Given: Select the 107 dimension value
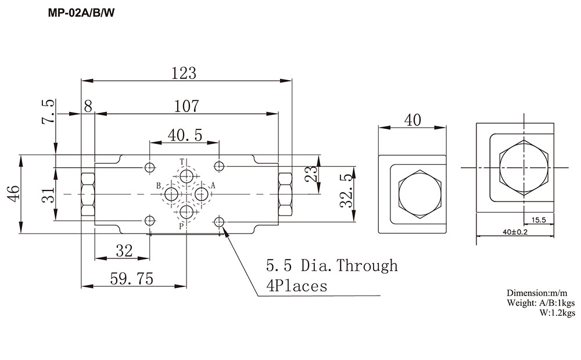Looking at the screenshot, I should pyautogui.click(x=187, y=106).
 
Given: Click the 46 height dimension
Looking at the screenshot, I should pyautogui.click(x=13, y=193).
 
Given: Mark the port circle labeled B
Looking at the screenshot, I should pyautogui.click(x=172, y=193).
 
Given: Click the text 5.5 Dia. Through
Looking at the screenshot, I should pyautogui.click(x=332, y=266).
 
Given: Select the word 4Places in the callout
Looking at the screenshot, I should pyautogui.click(x=296, y=286).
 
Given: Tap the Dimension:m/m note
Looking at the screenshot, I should pyautogui.click(x=541, y=293).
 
